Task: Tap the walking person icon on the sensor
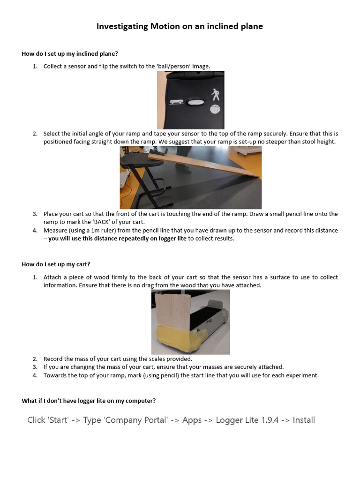pyautogui.click(x=215, y=95)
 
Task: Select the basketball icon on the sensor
pyautogui.click(x=215, y=110)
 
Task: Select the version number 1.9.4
pyautogui.click(x=269, y=420)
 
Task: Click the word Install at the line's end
pyautogui.click(x=303, y=420)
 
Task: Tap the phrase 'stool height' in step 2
pyautogui.click(x=319, y=142)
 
